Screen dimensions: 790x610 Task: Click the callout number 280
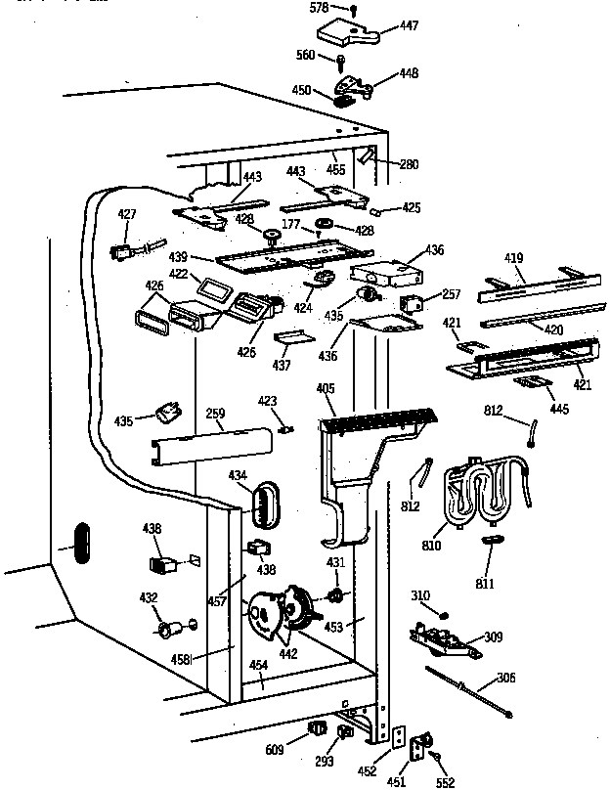tap(408, 164)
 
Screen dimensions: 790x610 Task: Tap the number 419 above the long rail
tap(515, 258)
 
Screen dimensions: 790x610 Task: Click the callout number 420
tap(552, 329)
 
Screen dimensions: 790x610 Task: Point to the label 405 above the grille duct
tap(325, 389)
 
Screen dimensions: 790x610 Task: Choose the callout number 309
tap(494, 636)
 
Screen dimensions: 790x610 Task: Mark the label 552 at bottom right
tap(446, 781)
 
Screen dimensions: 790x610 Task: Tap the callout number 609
tap(275, 750)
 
